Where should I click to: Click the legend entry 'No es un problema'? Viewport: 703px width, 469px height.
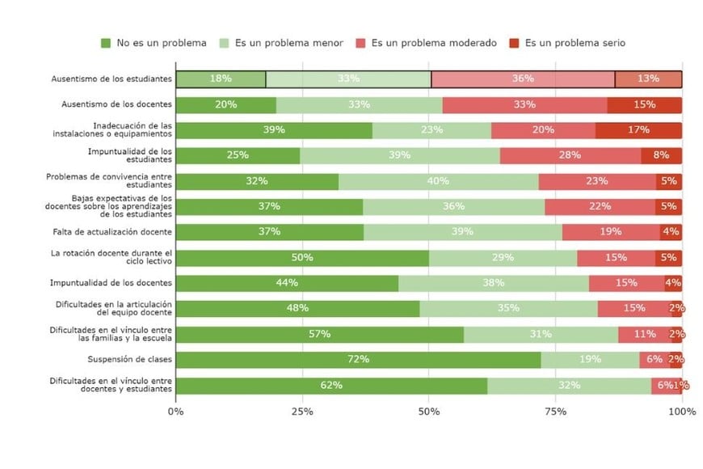(x=154, y=43)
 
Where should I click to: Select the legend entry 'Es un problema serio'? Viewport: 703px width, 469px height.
(x=566, y=43)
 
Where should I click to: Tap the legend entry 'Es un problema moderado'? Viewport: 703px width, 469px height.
(x=426, y=43)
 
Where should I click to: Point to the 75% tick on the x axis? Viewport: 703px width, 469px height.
(x=556, y=411)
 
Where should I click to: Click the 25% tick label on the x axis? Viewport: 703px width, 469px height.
(x=302, y=411)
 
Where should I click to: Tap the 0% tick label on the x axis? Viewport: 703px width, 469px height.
(x=175, y=411)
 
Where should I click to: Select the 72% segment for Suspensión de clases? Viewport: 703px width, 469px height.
(x=358, y=360)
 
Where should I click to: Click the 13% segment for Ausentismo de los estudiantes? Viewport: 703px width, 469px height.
(x=648, y=79)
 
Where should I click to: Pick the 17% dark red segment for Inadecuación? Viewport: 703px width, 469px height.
(x=638, y=130)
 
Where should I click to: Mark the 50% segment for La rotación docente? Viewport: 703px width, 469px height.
(x=302, y=258)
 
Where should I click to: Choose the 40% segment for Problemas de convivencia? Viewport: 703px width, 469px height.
(x=438, y=181)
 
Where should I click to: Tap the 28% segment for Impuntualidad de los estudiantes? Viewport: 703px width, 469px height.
(x=570, y=156)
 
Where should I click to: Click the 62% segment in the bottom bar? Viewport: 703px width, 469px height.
(x=331, y=386)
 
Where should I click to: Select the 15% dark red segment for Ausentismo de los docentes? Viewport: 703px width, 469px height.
(x=645, y=105)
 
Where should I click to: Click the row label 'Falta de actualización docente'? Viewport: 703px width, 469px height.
(x=112, y=232)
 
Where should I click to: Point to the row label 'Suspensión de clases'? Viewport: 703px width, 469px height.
(x=129, y=360)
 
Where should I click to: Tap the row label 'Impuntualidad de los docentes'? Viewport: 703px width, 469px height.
(x=112, y=283)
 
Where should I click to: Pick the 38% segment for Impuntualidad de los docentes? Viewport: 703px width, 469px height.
(x=494, y=283)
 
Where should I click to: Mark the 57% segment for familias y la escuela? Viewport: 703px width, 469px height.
(x=319, y=335)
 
